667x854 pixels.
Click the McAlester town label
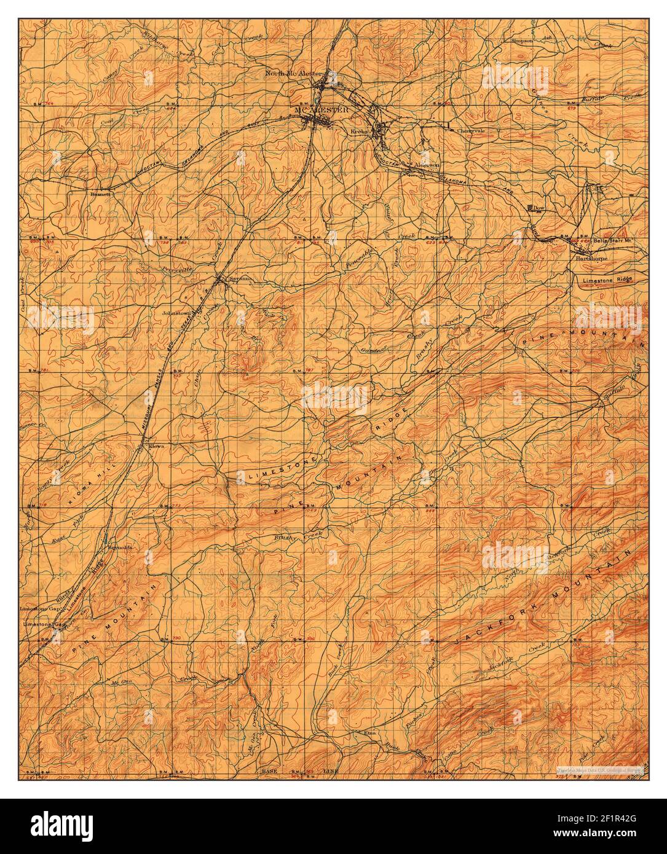(x=322, y=110)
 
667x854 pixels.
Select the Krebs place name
(x=358, y=132)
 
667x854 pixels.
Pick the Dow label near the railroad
(x=540, y=208)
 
